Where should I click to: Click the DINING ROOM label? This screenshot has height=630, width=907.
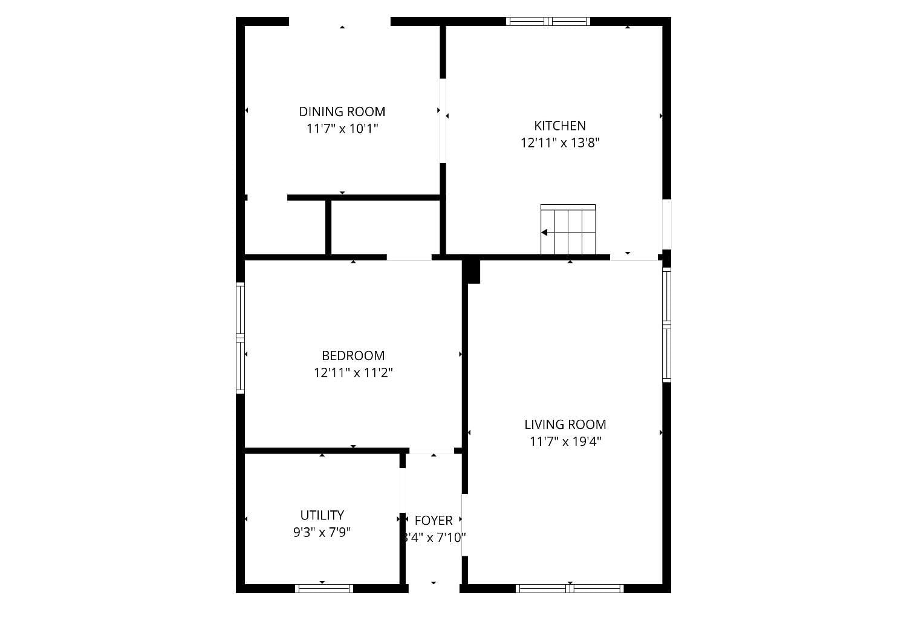(342, 112)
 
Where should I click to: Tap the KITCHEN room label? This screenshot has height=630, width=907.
(560, 126)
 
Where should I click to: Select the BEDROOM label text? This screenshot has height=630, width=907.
(353, 356)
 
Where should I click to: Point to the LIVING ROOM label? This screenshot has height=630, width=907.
(565, 425)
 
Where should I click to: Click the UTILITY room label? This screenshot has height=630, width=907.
(322, 515)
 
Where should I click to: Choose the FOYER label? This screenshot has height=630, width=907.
(434, 521)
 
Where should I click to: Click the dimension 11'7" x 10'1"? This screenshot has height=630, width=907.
(342, 129)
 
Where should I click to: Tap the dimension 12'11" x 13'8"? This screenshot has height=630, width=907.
(560, 143)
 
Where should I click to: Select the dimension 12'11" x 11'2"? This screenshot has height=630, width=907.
(353, 373)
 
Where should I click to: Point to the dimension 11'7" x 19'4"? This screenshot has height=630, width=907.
(565, 442)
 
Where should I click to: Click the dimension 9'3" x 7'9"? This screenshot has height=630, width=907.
(322, 532)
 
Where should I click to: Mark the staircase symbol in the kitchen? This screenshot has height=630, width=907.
(568, 230)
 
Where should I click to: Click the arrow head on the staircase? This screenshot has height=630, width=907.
(544, 233)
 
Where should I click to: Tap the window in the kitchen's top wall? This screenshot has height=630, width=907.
(548, 22)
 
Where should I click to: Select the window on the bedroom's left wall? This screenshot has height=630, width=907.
(240, 338)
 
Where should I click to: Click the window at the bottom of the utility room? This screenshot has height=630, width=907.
(324, 588)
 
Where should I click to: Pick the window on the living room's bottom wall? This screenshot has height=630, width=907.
(570, 588)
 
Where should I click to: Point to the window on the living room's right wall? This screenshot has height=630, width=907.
(666, 325)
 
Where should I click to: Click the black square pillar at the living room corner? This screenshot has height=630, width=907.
(473, 271)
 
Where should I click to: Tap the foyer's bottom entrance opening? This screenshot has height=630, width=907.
(434, 588)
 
